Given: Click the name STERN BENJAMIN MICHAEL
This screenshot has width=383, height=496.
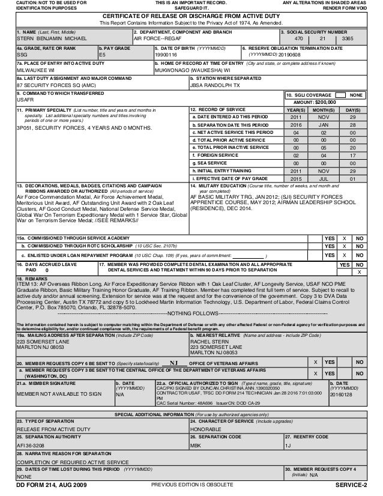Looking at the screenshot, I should pyautogui.click(x=43, y=37).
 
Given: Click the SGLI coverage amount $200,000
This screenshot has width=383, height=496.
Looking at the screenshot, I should pyautogui.click(x=324, y=103).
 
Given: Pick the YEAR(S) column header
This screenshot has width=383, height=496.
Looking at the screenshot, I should pyautogui.click(x=295, y=110).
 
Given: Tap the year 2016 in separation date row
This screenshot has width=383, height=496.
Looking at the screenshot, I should pyautogui.click(x=295, y=124).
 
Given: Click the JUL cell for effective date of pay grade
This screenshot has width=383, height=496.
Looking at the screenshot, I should pyautogui.click(x=324, y=178).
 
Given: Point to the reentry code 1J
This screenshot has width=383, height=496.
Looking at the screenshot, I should pyautogui.click(x=288, y=445).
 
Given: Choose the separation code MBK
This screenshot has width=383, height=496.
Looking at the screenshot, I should pyautogui.click(x=196, y=445).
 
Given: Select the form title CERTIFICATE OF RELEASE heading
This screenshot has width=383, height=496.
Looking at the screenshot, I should pyautogui.click(x=191, y=15).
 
